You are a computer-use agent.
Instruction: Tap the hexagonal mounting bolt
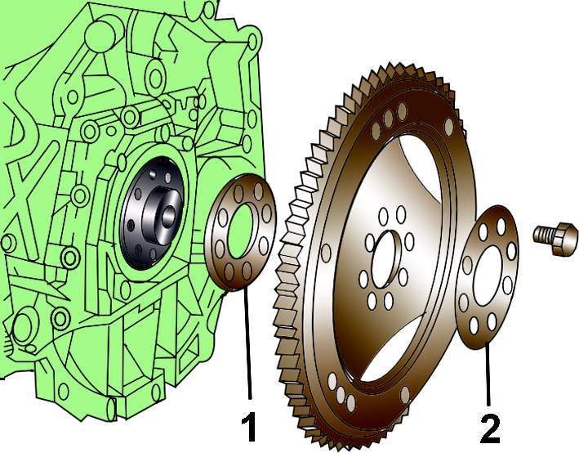(x=556, y=239)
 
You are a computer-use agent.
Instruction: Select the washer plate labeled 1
(x=240, y=232)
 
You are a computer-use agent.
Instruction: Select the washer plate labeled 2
(x=488, y=277)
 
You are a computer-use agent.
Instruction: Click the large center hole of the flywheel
(x=386, y=259)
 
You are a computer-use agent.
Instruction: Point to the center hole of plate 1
(x=242, y=231)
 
